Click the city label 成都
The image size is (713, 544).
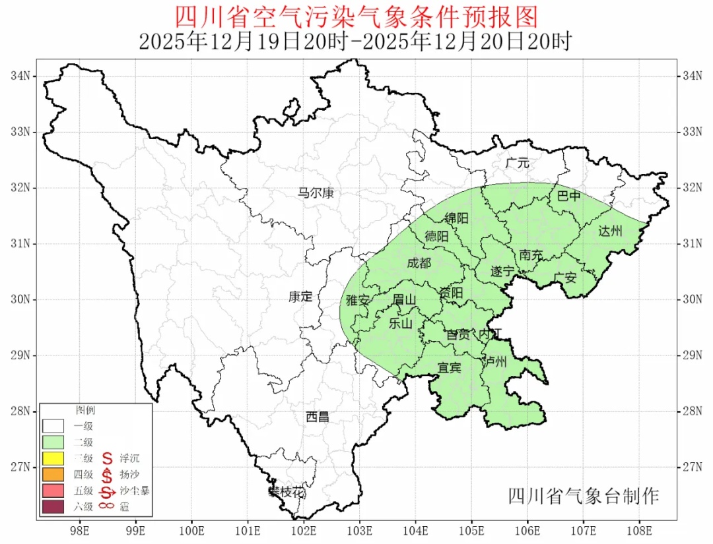point(419,264)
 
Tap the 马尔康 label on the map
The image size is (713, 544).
point(316,193)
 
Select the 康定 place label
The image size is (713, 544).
point(300,297)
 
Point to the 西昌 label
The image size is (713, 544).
point(318,417)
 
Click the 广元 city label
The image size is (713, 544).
point(518,162)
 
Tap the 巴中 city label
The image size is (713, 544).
point(568,196)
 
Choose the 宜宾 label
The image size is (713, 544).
point(450,367)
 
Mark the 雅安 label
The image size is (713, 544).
point(358,301)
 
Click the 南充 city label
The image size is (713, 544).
point(531,255)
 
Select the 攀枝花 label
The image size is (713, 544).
point(287,492)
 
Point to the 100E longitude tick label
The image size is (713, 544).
point(191,529)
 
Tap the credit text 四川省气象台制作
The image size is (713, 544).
point(583,496)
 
